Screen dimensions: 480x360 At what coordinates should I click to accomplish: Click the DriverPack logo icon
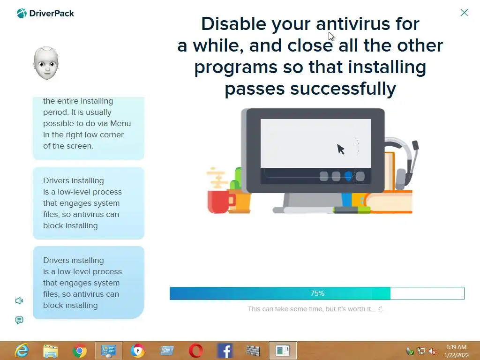click(22, 14)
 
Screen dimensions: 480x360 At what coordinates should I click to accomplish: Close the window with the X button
click(464, 13)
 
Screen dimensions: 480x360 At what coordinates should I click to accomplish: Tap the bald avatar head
click(46, 63)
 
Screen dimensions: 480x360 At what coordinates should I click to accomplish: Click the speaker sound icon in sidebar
click(19, 300)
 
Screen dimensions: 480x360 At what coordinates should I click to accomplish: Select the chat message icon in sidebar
click(19, 320)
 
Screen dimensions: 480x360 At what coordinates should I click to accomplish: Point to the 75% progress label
click(317, 293)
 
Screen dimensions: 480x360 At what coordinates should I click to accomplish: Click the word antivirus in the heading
click(353, 24)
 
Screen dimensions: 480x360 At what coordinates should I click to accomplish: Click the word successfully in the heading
click(343, 89)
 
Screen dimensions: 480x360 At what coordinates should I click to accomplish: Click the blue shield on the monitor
click(348, 176)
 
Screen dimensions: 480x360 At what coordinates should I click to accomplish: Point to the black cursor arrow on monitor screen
click(340, 149)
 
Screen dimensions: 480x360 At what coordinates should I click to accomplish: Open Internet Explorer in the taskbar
click(22, 351)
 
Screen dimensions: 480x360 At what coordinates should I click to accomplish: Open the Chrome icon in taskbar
click(80, 351)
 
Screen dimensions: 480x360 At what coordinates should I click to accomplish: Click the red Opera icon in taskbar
click(195, 351)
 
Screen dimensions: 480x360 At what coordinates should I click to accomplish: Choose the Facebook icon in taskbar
click(225, 351)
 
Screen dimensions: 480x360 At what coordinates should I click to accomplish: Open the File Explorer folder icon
click(51, 351)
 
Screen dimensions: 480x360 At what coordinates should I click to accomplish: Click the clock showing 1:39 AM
click(456, 347)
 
